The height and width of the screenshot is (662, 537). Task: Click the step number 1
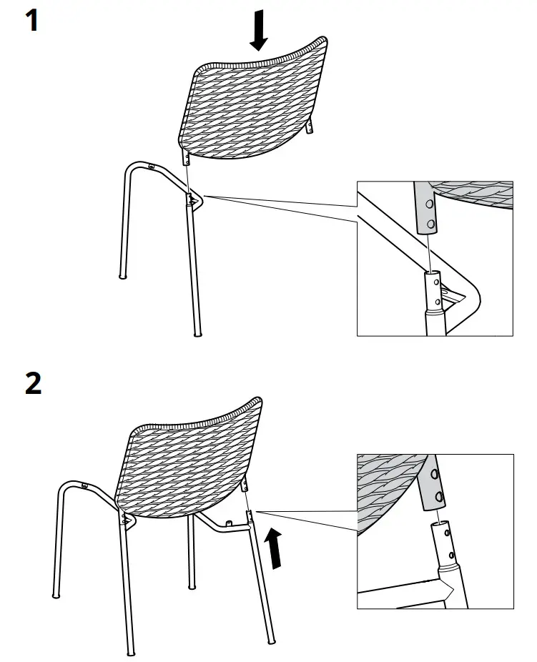click(31, 21)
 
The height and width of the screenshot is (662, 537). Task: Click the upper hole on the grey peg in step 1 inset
click(430, 204)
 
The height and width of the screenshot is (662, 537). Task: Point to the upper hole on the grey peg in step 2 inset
click(435, 475)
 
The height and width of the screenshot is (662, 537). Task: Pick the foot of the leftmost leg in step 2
click(56, 594)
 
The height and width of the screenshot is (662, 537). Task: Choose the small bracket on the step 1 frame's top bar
click(151, 167)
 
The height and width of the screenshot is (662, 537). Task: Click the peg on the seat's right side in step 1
click(310, 129)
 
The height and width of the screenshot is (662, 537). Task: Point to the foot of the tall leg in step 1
click(197, 332)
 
